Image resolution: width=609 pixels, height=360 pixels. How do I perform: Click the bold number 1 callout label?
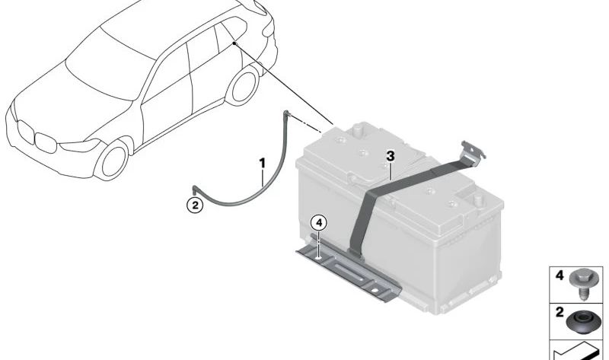[x=263, y=164]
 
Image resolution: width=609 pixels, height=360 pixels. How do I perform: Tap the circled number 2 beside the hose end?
[x=195, y=205]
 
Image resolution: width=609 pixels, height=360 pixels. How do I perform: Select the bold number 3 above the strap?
[x=391, y=157]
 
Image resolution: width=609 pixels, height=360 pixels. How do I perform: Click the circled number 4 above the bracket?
[x=319, y=223]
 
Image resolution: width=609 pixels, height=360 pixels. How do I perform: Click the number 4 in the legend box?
[x=560, y=276]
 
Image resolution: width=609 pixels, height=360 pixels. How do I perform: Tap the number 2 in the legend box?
[x=560, y=312]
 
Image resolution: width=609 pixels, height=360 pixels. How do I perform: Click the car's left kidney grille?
[x=26, y=132]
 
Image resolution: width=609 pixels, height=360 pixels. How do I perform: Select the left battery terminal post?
[x=359, y=129]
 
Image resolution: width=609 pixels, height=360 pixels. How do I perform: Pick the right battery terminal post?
[x=480, y=200]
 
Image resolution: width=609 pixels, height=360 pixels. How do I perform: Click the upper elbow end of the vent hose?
[x=288, y=115]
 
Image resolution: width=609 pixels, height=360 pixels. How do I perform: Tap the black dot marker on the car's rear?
[x=234, y=43]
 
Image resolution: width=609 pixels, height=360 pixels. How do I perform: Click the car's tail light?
[x=268, y=28]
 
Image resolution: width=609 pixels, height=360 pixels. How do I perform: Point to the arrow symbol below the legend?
[x=578, y=351]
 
